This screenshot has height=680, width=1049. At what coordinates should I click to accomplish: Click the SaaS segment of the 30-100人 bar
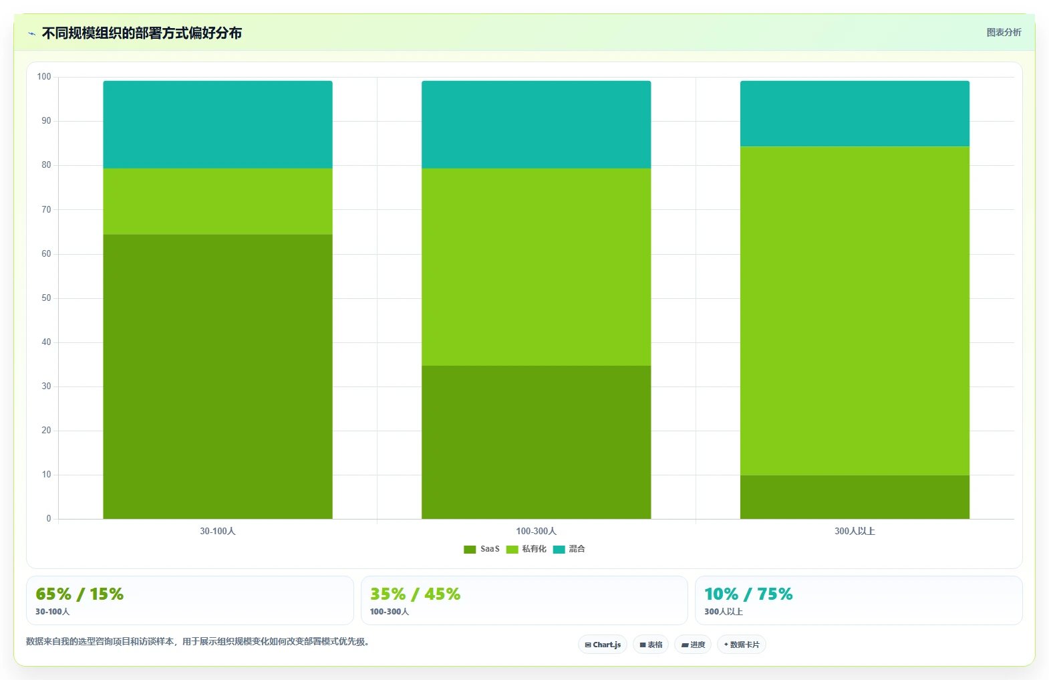coord(218,376)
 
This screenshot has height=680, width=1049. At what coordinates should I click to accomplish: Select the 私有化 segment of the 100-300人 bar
coord(537,267)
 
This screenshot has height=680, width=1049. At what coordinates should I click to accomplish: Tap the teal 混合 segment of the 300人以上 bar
coord(855,114)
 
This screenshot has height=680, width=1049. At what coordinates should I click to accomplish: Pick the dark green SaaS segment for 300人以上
coord(855,497)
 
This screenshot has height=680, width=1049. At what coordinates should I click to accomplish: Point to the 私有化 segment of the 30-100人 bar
coord(218,201)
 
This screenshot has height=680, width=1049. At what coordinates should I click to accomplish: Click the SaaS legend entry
coord(482,549)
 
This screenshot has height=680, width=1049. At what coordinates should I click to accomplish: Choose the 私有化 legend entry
coord(527,549)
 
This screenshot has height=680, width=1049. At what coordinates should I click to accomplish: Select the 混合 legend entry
coord(569,549)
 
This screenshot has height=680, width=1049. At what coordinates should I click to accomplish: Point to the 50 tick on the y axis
coord(46,298)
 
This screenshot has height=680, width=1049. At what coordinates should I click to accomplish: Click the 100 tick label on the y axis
coord(44,77)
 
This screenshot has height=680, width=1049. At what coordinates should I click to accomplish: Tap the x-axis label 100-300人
coord(537,531)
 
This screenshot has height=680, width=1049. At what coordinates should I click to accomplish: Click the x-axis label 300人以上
coord(855,531)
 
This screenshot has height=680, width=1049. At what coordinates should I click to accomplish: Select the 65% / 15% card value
coord(80,594)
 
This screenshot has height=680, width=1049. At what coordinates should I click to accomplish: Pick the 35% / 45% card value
coord(416,594)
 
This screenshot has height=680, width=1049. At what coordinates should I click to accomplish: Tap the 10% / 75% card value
coord(748,594)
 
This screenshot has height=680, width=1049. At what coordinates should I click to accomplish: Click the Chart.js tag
coord(603,645)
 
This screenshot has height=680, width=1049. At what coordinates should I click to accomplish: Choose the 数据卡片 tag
coord(742,645)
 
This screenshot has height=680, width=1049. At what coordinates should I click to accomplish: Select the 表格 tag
coord(651,645)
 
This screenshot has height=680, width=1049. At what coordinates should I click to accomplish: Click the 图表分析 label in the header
coord(1004,32)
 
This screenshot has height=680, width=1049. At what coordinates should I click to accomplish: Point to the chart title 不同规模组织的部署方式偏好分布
coord(142,33)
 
